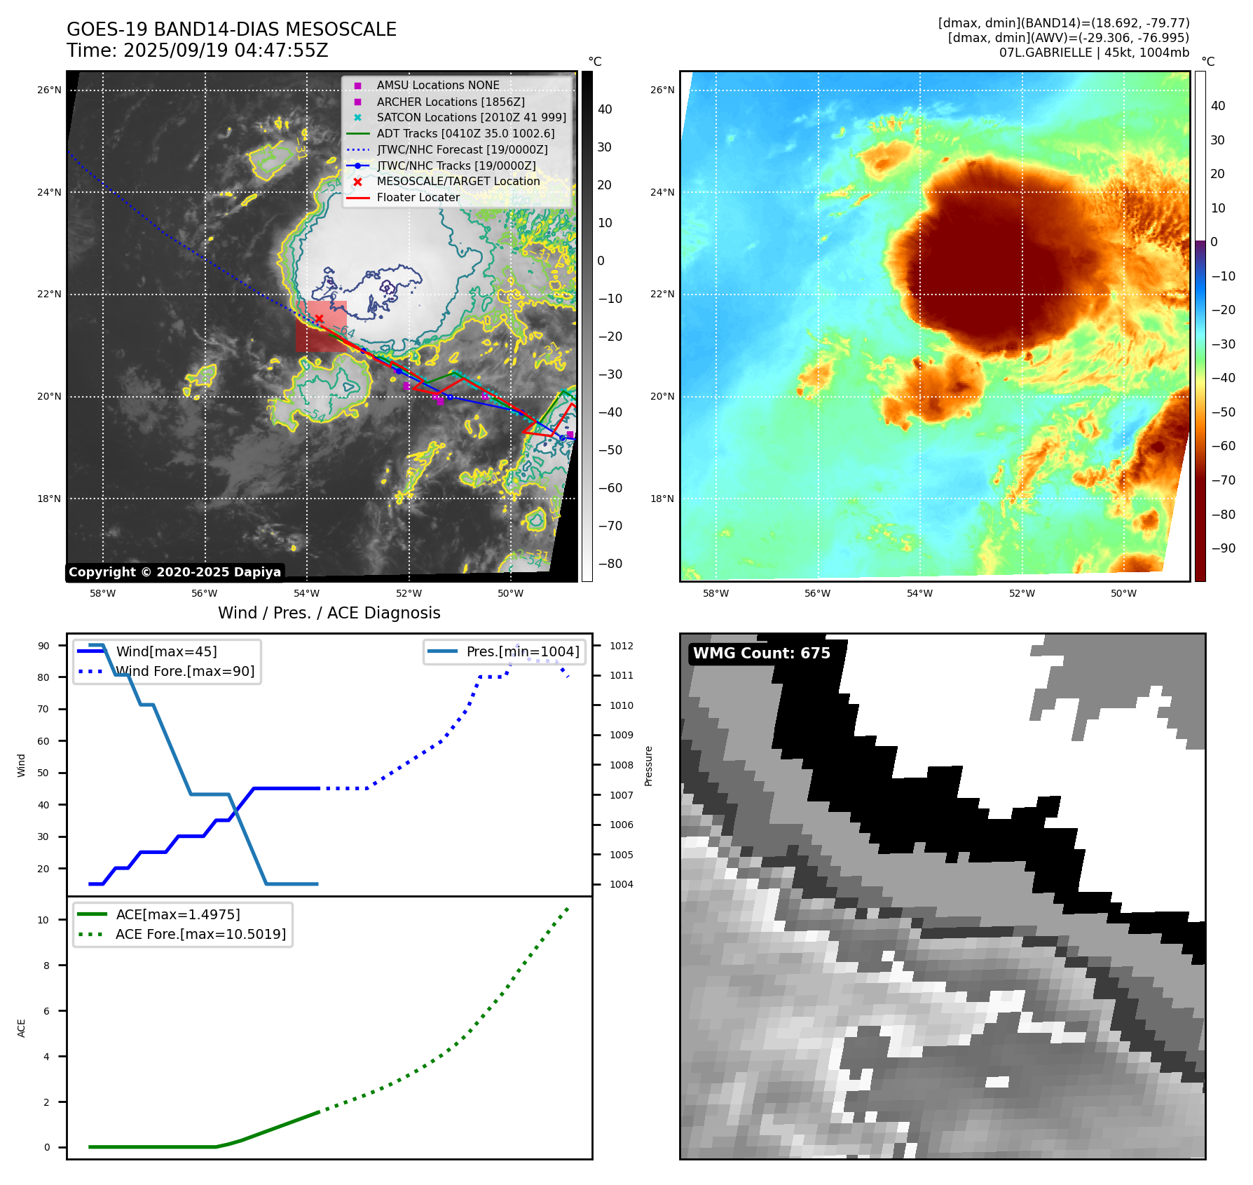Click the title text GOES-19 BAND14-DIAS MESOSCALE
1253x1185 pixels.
click(231, 29)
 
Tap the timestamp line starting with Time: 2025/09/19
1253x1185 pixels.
click(198, 50)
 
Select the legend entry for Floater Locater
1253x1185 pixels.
click(418, 198)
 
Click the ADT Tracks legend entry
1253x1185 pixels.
click(465, 133)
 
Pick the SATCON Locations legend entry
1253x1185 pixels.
click(471, 117)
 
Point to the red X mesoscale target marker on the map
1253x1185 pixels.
click(319, 319)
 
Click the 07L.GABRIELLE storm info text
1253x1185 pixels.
click(1094, 53)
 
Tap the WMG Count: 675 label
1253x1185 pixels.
click(761, 654)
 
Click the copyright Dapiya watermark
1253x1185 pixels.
click(174, 572)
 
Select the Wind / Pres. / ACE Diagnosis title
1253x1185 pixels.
click(329, 613)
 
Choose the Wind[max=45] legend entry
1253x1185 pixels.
click(166, 651)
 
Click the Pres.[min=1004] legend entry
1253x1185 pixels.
click(523, 651)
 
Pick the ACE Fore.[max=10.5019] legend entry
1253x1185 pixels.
click(200, 934)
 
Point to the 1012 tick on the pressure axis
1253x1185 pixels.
click(621, 646)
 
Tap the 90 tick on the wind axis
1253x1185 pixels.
click(43, 646)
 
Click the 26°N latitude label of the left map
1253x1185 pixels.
click(49, 90)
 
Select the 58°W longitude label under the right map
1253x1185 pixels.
click(715, 593)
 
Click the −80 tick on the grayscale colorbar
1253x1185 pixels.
click(610, 564)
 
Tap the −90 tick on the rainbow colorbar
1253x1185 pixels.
click(1223, 548)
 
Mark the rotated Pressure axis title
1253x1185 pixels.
click(648, 766)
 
